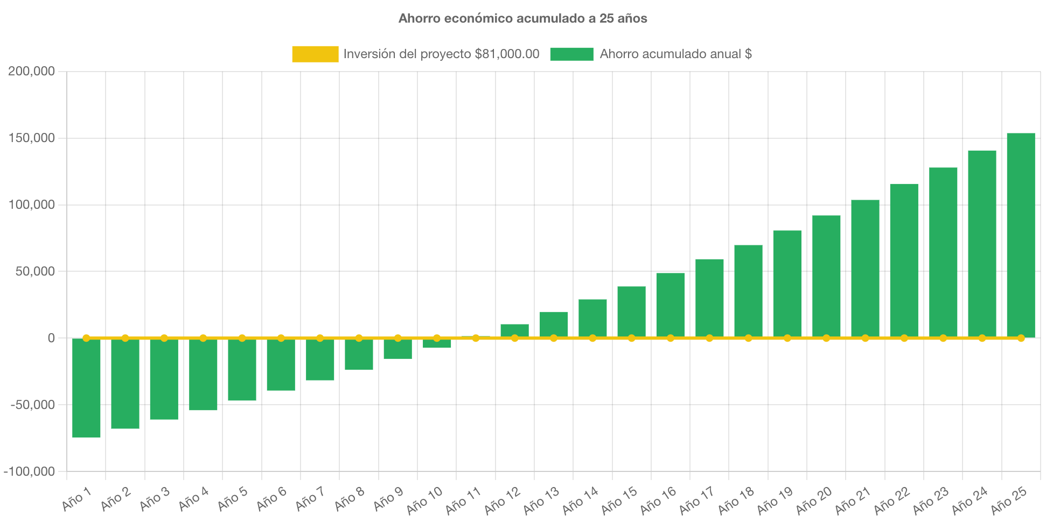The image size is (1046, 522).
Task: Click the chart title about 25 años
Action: (x=522, y=18)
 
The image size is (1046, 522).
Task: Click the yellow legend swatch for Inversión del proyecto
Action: (x=315, y=54)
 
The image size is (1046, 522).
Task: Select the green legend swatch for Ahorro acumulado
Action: (x=571, y=54)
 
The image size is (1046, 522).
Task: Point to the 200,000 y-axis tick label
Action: (x=31, y=71)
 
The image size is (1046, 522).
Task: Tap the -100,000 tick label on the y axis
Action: (x=30, y=471)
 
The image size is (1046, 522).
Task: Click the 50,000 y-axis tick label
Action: (x=35, y=271)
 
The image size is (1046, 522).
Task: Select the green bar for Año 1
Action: (x=86, y=387)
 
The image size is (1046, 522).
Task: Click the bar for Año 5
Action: (x=242, y=370)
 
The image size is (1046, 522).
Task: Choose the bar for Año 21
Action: (x=865, y=269)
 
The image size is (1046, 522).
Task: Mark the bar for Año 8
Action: (x=359, y=355)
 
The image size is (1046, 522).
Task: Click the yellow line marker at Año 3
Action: (x=164, y=338)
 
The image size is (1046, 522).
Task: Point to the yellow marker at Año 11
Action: (x=476, y=338)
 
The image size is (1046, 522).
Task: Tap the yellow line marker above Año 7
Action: (x=320, y=338)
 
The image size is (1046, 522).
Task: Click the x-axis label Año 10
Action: (x=424, y=500)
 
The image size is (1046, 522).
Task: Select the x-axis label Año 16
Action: (x=658, y=500)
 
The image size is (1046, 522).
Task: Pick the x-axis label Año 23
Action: (x=931, y=500)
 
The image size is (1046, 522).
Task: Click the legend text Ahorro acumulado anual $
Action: (x=675, y=54)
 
